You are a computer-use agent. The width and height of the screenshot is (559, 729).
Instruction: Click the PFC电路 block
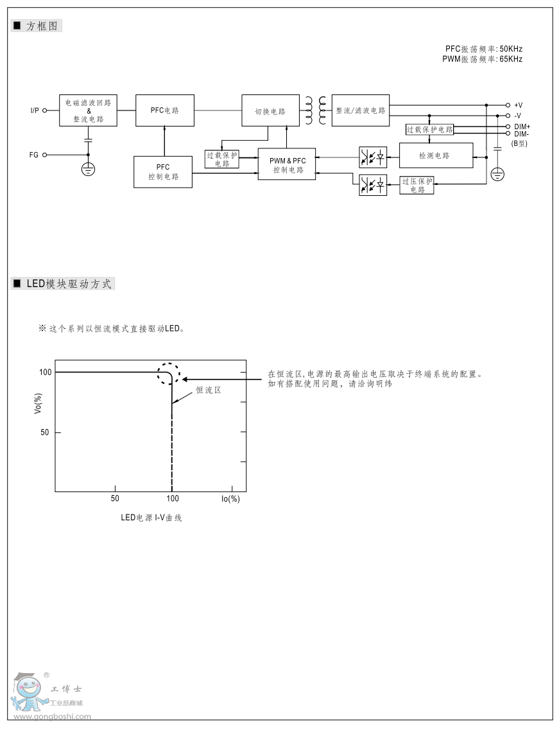[164, 110]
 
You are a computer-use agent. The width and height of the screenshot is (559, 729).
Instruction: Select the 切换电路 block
[270, 110]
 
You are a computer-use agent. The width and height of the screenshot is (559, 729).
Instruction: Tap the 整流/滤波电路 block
[361, 110]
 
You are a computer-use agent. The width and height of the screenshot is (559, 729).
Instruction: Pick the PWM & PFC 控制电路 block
[287, 165]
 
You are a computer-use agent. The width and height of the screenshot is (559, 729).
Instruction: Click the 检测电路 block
[435, 155]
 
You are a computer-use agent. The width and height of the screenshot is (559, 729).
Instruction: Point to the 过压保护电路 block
[417, 185]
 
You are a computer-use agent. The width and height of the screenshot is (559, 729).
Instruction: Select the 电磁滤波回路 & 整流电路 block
[89, 110]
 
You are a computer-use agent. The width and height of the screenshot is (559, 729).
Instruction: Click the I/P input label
[35, 110]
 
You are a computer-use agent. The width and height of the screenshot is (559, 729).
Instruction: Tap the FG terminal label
[34, 155]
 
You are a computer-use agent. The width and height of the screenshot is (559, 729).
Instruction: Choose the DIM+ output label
[522, 127]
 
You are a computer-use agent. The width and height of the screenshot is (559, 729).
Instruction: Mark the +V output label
[519, 105]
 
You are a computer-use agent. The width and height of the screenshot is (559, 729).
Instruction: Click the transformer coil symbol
[315, 110]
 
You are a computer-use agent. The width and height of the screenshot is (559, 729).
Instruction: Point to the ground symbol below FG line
[89, 170]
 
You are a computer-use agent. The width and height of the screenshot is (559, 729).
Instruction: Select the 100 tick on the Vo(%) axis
[44, 372]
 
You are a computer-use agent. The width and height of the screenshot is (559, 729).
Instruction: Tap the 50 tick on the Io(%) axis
[114, 498]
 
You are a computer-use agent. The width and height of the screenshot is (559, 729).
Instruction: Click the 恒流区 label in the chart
[209, 390]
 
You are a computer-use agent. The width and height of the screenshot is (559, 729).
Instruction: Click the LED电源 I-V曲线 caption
[151, 518]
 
